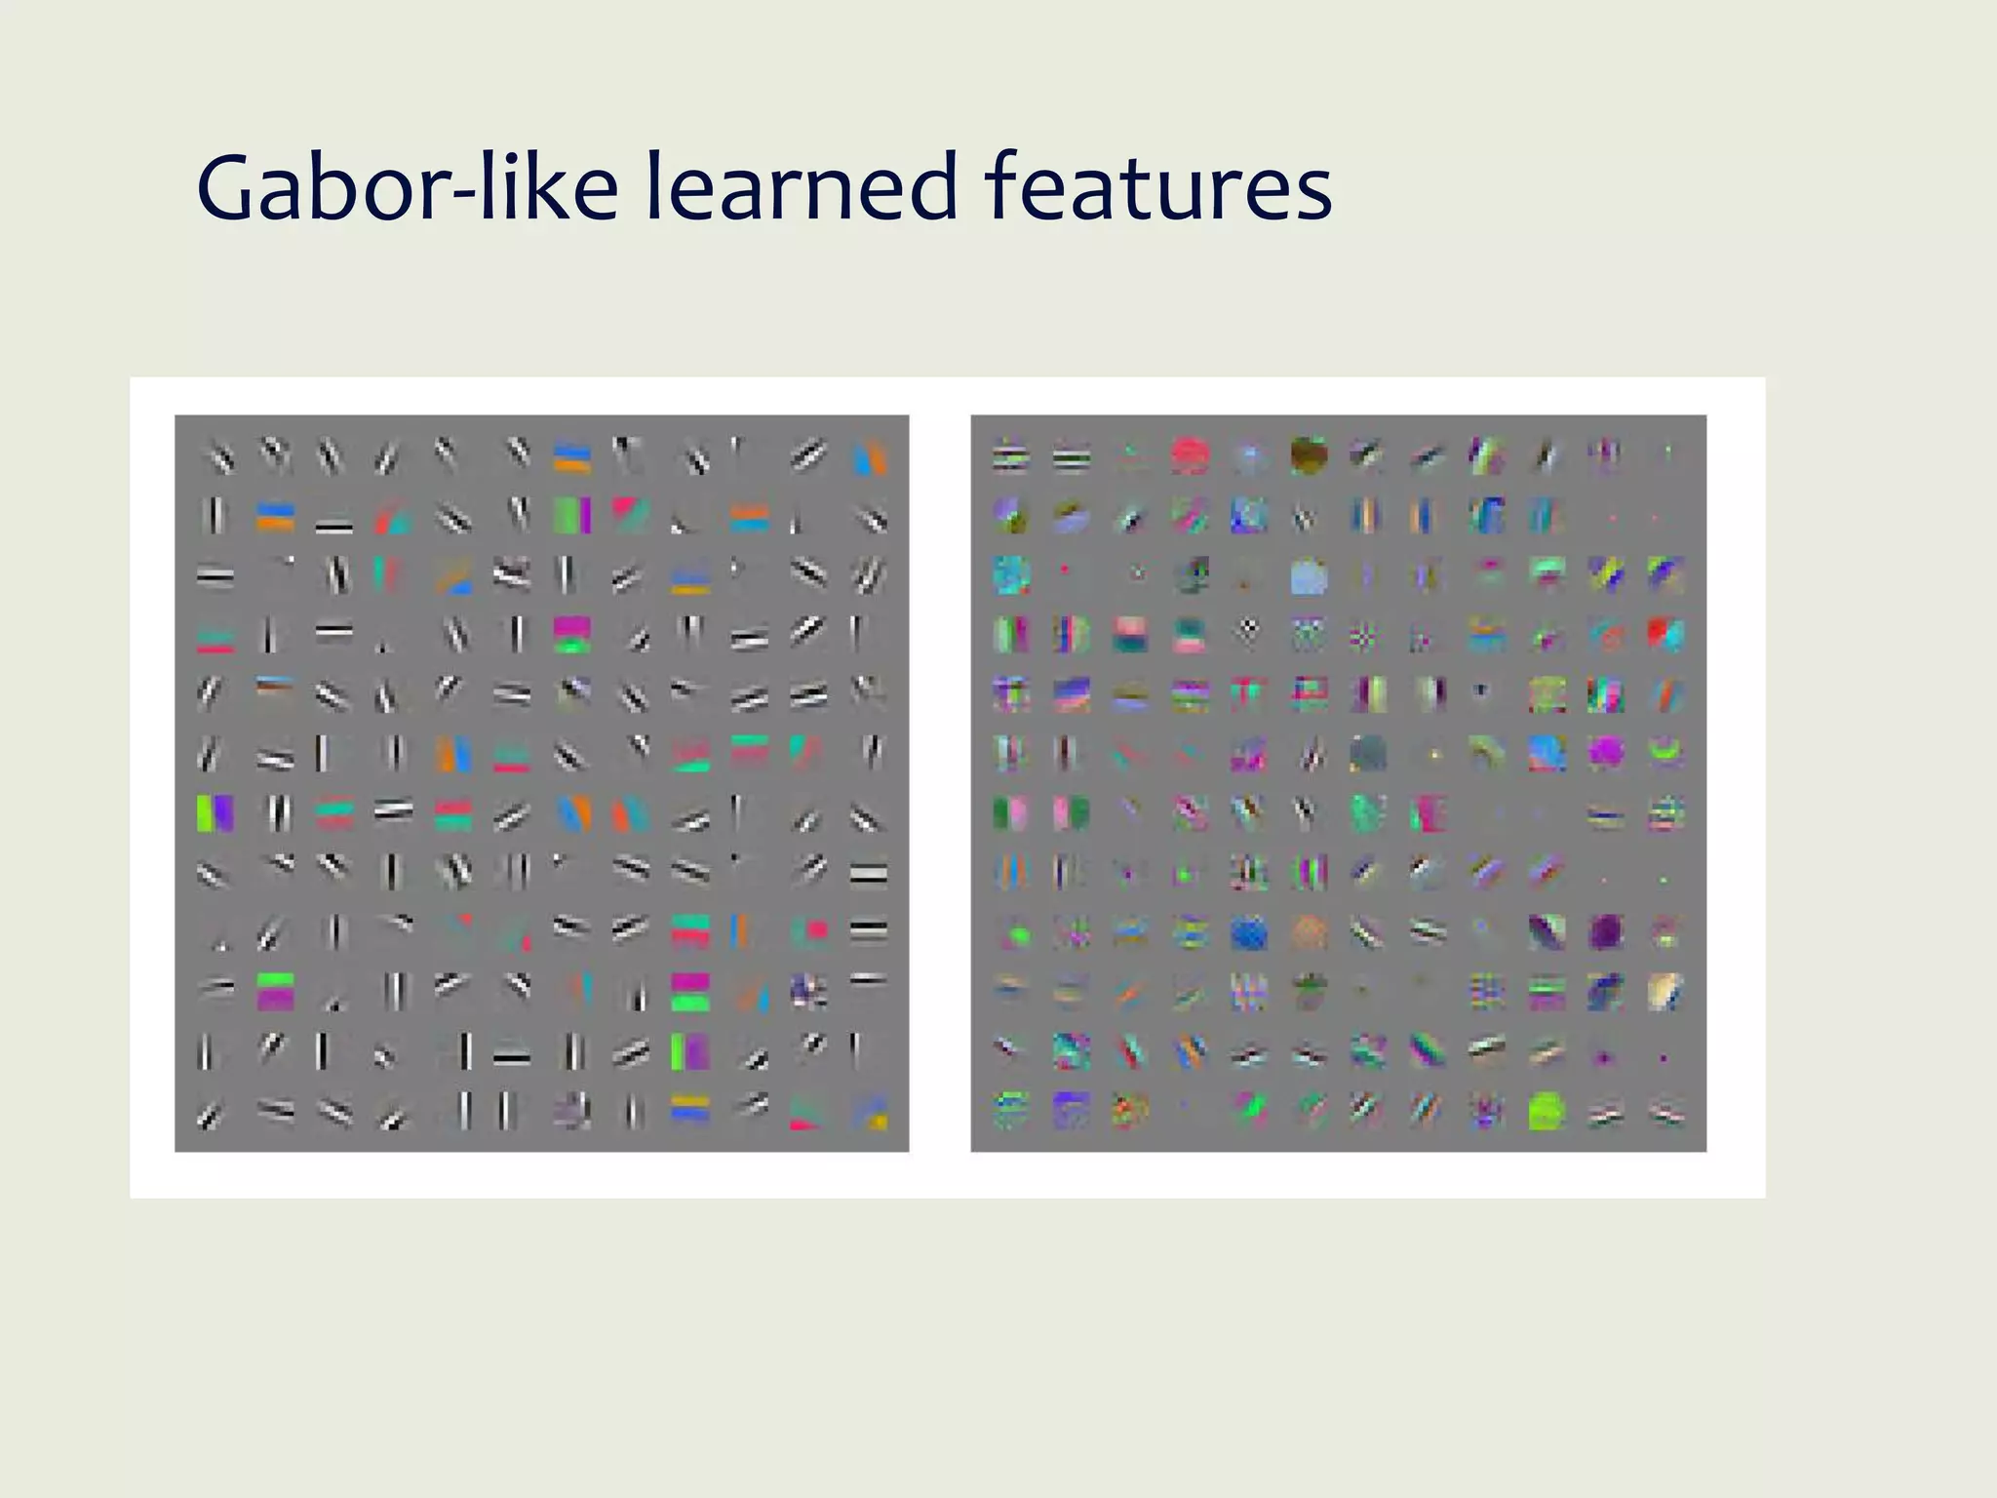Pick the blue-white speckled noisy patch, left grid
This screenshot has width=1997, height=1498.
click(808, 992)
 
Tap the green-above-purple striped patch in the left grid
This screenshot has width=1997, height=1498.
click(275, 990)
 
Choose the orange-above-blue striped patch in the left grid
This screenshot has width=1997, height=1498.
click(275, 516)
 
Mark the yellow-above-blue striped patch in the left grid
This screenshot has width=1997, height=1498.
click(690, 1111)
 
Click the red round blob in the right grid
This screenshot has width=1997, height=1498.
click(1190, 455)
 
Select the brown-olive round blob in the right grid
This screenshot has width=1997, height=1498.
click(1309, 453)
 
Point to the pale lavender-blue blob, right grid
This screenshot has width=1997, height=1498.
click(1309, 576)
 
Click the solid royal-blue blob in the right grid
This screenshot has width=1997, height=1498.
click(1249, 933)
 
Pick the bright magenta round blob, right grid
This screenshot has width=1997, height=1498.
click(1606, 751)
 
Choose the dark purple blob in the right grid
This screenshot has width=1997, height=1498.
click(1606, 932)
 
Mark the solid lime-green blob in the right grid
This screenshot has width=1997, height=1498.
click(1547, 1111)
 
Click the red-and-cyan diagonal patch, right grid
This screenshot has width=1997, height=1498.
click(1665, 635)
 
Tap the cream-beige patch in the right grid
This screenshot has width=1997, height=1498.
click(1665, 990)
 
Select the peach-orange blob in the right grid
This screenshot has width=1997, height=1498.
click(1310, 932)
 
